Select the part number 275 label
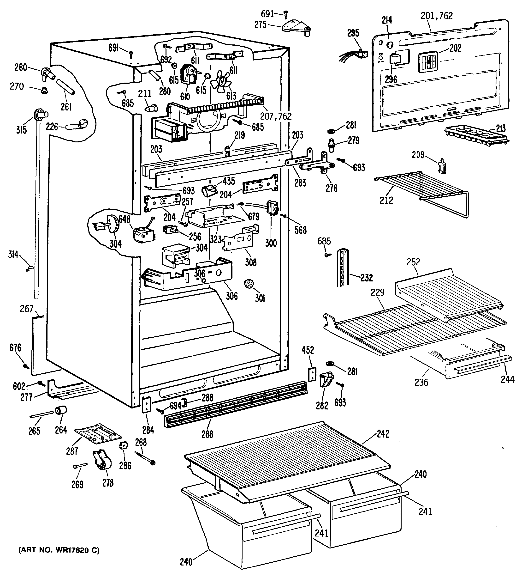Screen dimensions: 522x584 (x=261, y=25)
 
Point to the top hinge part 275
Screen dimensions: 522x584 (x=297, y=28)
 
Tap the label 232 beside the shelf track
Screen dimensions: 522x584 (x=366, y=278)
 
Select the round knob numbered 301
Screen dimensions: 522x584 (x=248, y=284)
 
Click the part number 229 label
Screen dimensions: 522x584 (x=377, y=292)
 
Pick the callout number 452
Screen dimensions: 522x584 (x=308, y=350)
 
